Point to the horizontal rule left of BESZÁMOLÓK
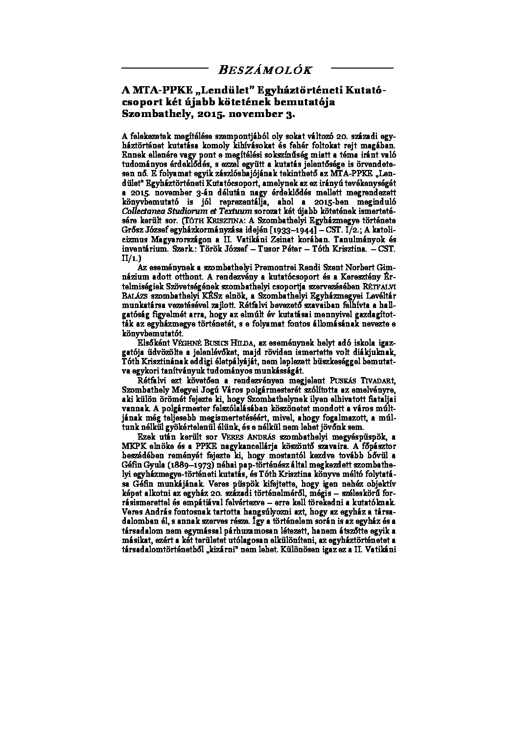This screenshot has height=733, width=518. pos(164,67)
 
